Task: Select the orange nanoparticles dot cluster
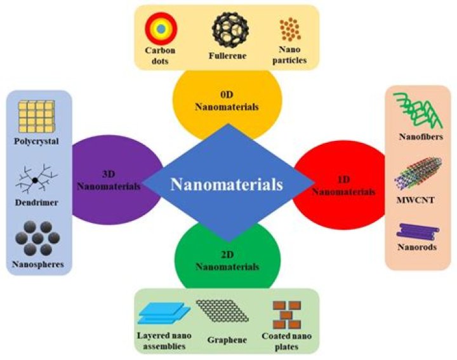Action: tap(290, 29)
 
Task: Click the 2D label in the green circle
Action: tap(227, 255)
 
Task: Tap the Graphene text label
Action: tap(227, 339)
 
